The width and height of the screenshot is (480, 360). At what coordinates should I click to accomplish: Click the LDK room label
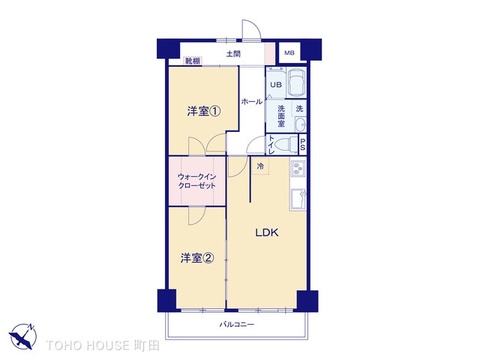[x=266, y=233]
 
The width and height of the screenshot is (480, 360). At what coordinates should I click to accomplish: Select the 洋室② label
[x=197, y=257]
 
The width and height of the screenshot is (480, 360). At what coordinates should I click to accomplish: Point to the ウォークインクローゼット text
[x=197, y=181]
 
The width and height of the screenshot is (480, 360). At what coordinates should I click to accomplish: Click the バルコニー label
[x=237, y=325]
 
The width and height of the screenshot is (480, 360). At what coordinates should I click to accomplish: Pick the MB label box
[x=289, y=53]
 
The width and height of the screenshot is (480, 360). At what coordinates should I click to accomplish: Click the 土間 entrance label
[x=233, y=53]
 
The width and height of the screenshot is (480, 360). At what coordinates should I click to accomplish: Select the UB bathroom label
[x=274, y=84]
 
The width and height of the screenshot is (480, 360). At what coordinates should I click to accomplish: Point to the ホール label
[x=252, y=102]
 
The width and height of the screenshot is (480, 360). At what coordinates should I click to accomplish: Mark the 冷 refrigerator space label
[x=260, y=166]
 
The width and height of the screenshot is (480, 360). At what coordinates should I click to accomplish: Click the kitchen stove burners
[x=296, y=170]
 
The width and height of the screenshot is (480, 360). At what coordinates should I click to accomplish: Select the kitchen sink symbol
[x=296, y=200]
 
